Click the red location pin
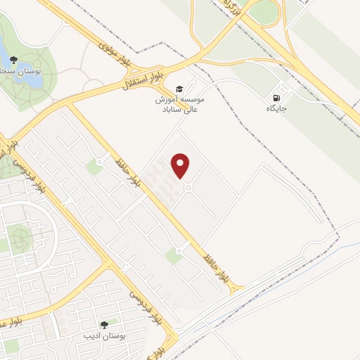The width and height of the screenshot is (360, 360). click(181, 165)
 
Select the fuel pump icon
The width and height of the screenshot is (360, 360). click(277, 97)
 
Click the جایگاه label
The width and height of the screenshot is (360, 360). click(276, 109)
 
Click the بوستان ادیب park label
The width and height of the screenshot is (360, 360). click(104, 336)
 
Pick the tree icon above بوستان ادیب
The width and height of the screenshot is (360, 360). click(104, 325)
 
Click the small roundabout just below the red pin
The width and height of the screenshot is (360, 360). click(188, 187)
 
